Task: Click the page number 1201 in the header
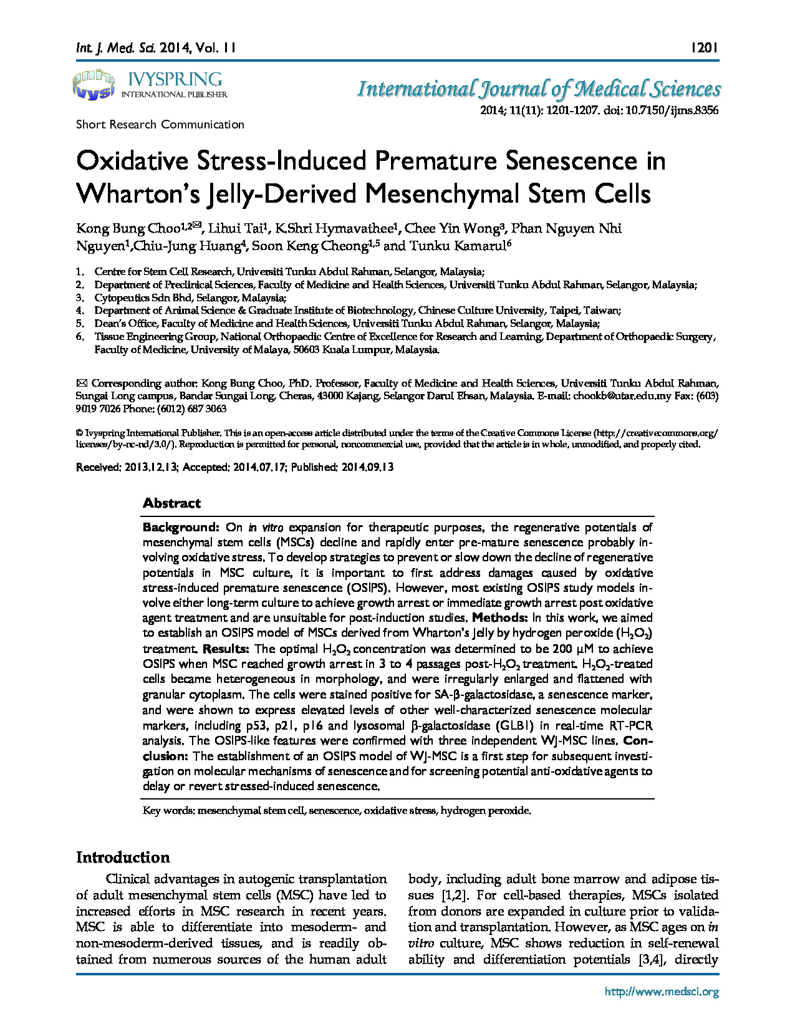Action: pos(705,47)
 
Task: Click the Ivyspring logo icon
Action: pos(94,85)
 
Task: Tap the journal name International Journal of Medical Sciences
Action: pos(539,89)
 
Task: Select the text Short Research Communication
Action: pos(160,124)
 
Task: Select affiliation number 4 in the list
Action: pos(80,310)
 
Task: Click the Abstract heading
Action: pos(171,503)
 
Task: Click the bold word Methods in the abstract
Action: pos(499,618)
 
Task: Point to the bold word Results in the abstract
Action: pos(226,649)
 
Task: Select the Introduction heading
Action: pos(123,857)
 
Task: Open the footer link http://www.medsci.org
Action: pos(662,992)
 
